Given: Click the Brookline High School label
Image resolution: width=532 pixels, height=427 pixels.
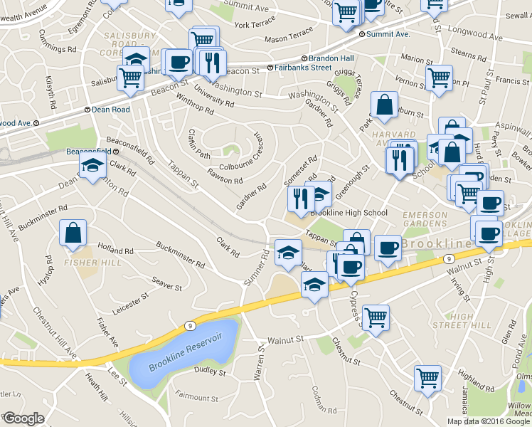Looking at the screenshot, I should point(349,213).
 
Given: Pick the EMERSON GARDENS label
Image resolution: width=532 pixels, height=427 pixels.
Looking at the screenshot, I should point(425,218).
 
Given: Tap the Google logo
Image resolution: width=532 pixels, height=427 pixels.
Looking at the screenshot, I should point(23,418).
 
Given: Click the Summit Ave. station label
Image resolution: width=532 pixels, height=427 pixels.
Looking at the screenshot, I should point(388,34).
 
